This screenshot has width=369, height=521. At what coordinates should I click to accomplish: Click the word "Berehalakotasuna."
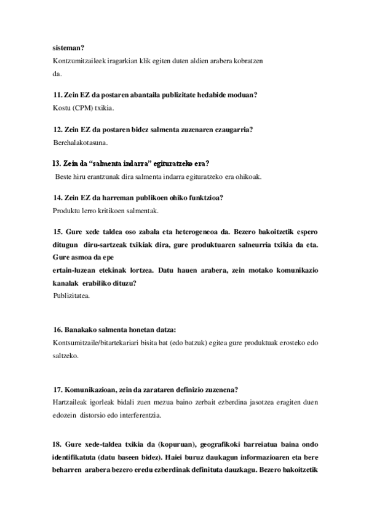click(x=81, y=143)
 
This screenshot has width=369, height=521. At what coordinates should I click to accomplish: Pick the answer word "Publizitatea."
click(x=72, y=296)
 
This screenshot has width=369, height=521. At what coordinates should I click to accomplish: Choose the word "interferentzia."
click(x=137, y=415)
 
